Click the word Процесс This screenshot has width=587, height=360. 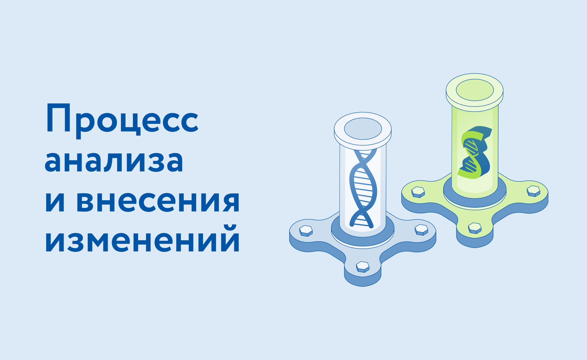(x=122, y=120)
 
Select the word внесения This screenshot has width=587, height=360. (x=158, y=202)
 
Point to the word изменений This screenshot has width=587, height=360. (x=142, y=239)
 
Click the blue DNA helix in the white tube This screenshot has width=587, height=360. (x=363, y=190)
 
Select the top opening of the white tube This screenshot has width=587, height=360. (x=363, y=129)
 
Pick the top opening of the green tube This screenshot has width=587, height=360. (x=475, y=90)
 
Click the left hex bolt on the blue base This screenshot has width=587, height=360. (x=306, y=231)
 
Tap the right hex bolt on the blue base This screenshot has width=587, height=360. (x=421, y=230)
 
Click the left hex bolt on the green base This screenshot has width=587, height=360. (x=418, y=192)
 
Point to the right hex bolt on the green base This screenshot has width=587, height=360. (x=533, y=191)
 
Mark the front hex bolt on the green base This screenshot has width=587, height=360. (x=475, y=228)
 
